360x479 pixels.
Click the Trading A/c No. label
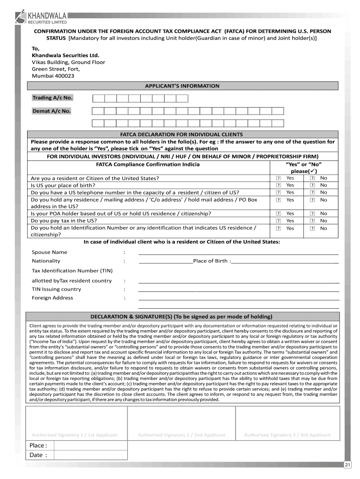52,98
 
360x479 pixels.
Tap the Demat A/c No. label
51,111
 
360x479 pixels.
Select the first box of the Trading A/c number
98,98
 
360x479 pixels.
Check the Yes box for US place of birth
278,185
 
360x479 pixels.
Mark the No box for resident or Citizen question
312,178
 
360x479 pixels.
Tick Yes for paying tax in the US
278,221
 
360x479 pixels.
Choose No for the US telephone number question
312,192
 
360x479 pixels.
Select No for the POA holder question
312,214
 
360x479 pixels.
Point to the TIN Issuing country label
56,289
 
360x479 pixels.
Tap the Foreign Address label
52,298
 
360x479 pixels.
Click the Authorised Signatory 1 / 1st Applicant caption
74,435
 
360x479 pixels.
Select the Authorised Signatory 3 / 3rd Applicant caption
287,435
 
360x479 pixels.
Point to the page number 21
347,464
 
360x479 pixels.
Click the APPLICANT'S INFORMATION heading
182,86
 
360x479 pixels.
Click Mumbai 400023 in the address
53,76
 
